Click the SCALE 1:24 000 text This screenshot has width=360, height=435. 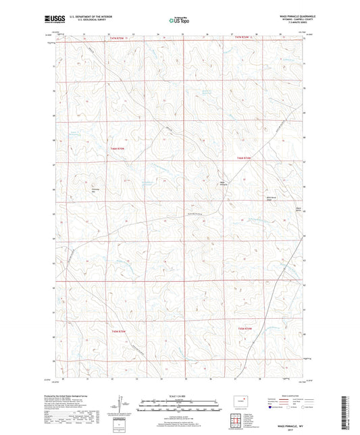[179, 396]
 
